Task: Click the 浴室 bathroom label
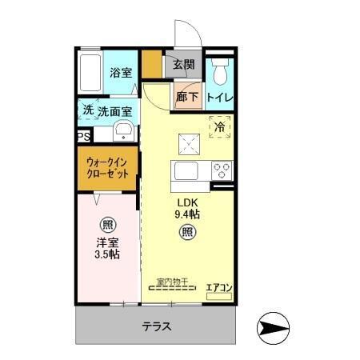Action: [122, 73]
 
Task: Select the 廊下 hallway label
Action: [185, 97]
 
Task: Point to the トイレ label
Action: [220, 98]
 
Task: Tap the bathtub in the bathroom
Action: [90, 73]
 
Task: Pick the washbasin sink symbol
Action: [124, 132]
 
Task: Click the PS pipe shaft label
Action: [83, 137]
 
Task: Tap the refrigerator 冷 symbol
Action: [219, 125]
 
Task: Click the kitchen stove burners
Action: [222, 170]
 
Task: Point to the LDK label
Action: [186, 202]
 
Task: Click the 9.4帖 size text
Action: [186, 214]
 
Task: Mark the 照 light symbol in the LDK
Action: [186, 234]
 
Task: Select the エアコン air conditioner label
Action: [219, 286]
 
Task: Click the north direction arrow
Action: [274, 327]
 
